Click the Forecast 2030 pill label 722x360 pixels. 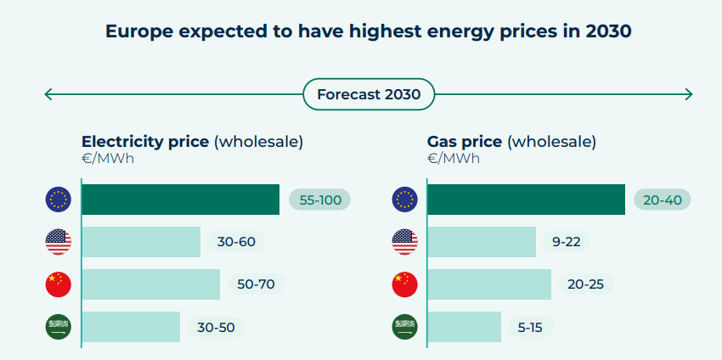[369, 94]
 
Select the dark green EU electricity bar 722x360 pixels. [180, 200]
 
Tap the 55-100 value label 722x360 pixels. [320, 200]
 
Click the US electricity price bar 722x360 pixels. [141, 242]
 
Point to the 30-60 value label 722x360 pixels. [236, 242]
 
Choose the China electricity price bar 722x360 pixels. [151, 284]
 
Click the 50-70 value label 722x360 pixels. [256, 284]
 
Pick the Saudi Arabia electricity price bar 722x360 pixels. [131, 327]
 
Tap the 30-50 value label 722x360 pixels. [217, 327]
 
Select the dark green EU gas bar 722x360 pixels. [526, 200]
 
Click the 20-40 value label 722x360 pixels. [663, 200]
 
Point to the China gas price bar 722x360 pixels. [489, 284]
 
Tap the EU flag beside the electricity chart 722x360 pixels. [58, 200]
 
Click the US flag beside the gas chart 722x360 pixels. [404, 242]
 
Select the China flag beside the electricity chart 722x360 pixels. [58, 284]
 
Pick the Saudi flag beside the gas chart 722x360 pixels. [404, 327]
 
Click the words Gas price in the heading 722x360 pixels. [465, 142]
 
